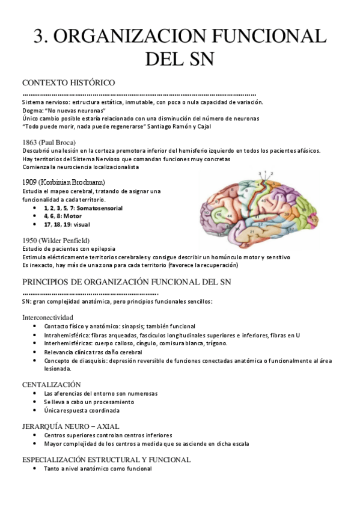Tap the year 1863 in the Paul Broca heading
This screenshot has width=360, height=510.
coord(30,142)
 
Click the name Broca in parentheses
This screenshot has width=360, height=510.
coord(63,142)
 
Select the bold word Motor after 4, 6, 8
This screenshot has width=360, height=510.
coord(72,215)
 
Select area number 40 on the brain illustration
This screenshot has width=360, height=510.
coord(263,200)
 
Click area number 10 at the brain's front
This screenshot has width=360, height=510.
coord(206,212)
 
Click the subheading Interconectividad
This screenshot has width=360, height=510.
coord(47,316)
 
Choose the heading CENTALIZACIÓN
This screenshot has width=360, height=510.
coord(51,384)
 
